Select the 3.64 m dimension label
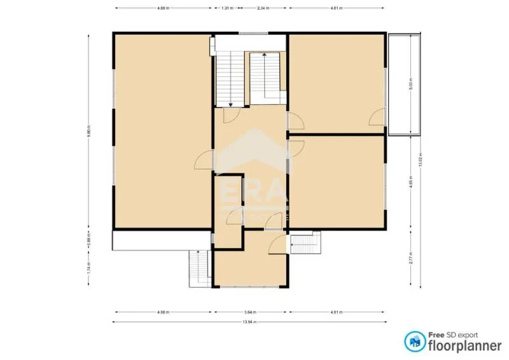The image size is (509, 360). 252,312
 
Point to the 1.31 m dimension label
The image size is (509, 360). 227,8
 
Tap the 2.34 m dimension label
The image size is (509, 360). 262,8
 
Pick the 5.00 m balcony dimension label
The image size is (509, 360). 412,84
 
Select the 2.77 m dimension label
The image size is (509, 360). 412,258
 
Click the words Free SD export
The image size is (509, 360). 452,334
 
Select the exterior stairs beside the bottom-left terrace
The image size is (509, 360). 199,268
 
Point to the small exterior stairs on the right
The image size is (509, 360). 307,243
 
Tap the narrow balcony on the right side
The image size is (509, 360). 405,84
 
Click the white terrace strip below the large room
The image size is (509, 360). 162,240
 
